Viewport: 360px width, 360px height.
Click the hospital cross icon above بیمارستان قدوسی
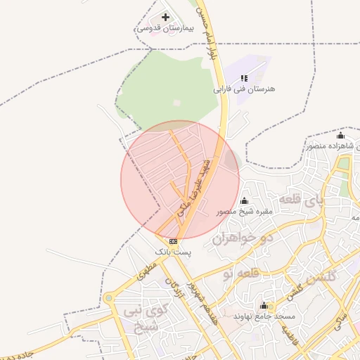coord(165,17)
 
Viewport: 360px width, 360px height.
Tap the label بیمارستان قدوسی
coord(165,28)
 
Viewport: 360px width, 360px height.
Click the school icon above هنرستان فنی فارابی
coord(244,79)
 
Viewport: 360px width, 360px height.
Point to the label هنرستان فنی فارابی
coord(244,90)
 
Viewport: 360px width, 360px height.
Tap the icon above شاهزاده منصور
coord(341,136)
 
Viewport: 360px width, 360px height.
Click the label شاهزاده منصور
coord(333,146)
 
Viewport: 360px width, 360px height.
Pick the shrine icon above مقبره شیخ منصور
coord(244,201)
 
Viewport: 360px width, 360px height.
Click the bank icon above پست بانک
coord(173,240)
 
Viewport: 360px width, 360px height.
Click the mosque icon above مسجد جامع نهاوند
coord(264,305)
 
